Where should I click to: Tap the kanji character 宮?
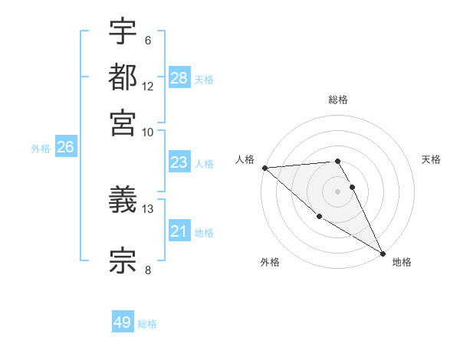[x=123, y=122]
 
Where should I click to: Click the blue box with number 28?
[x=179, y=78]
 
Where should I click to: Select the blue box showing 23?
[x=179, y=162]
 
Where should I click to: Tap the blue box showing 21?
[x=179, y=231]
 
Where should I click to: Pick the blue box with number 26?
[x=65, y=148]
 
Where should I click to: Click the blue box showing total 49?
[x=123, y=322]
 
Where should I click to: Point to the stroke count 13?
[x=148, y=208]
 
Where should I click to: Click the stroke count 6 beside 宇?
[x=147, y=41]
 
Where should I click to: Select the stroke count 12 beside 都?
[x=148, y=87]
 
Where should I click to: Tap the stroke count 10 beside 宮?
[x=148, y=132]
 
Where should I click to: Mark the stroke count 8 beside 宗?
[x=147, y=269]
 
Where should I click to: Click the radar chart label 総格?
[x=338, y=100]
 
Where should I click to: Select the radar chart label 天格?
[x=431, y=159]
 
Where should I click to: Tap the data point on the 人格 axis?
[x=264, y=168]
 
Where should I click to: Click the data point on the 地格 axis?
[x=383, y=253]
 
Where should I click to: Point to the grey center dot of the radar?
[x=338, y=191]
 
